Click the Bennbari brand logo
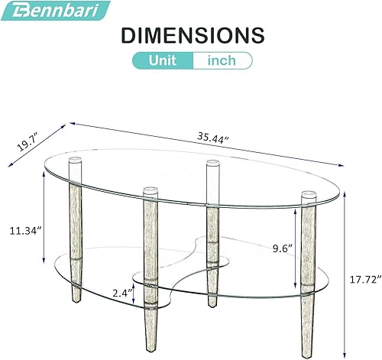pyautogui.click(x=55, y=10)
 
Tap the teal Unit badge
pyautogui.click(x=162, y=60)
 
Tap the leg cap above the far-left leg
pyautogui.click(x=75, y=162)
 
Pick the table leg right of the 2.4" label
pyautogui.click(x=150, y=268)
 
